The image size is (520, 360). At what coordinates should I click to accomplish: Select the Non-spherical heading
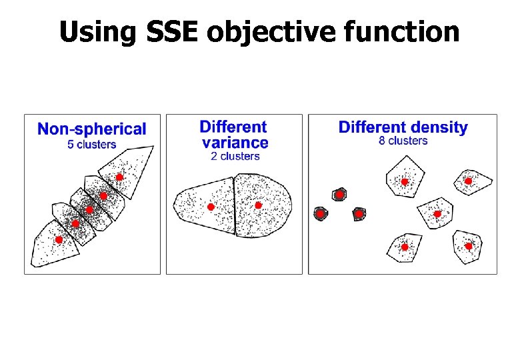92,129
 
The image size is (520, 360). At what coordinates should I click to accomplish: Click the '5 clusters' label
92,145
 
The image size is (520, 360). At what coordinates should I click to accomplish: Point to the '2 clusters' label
235,156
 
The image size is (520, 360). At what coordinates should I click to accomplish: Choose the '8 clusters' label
403,141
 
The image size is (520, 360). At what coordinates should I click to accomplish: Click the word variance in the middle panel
235,142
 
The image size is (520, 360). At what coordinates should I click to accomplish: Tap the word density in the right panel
437,127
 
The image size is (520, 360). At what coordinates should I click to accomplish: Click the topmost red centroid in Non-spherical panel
119,177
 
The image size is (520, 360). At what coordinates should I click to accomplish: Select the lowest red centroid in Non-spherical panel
59,239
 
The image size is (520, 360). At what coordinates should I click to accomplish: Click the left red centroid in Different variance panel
211,207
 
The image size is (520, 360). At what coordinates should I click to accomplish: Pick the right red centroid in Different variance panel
258,205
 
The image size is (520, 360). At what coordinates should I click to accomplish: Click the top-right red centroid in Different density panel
468,181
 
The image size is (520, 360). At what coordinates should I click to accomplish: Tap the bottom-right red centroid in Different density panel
469,246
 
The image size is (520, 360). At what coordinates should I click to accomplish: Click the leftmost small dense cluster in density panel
320,214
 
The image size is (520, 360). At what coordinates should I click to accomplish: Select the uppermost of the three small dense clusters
339,195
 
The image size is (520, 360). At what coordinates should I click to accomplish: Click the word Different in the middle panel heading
233,127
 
